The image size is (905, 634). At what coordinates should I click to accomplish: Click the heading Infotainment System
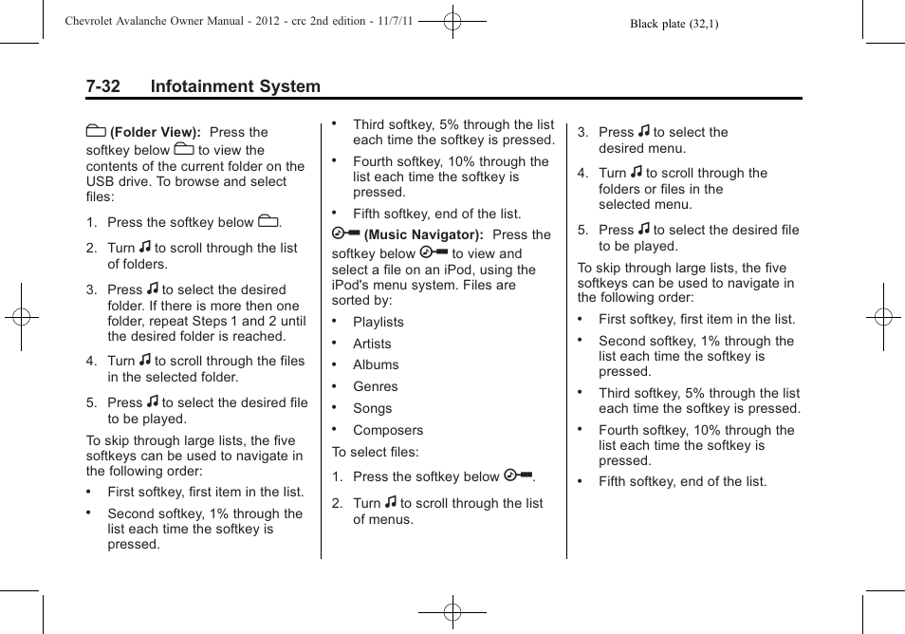(235, 86)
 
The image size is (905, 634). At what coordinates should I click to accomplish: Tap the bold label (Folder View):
(155, 133)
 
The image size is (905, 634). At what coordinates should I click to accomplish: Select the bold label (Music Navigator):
(424, 234)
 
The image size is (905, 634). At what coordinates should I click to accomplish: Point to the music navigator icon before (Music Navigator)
(345, 233)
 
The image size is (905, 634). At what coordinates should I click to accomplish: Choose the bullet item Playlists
(378, 323)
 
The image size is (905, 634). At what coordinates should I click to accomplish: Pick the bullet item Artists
(372, 345)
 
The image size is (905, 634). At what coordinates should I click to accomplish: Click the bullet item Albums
(376, 365)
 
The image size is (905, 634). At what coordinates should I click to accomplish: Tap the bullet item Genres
(375, 387)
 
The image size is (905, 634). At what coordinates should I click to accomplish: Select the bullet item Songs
(372, 409)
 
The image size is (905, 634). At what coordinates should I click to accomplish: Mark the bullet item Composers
(387, 431)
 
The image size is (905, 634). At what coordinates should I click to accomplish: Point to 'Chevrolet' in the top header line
(97, 20)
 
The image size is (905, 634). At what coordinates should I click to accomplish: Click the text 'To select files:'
(375, 453)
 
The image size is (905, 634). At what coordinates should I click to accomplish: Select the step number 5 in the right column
(582, 230)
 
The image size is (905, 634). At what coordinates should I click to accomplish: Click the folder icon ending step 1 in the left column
(268, 222)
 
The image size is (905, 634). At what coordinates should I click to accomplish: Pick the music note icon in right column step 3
(644, 132)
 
